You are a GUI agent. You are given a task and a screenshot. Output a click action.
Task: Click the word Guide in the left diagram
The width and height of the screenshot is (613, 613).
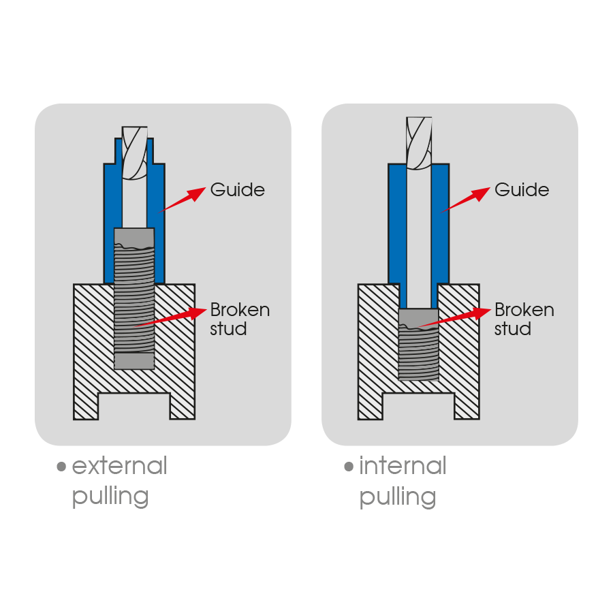click(237, 189)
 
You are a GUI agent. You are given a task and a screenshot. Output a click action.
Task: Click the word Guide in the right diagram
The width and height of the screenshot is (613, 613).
click(522, 189)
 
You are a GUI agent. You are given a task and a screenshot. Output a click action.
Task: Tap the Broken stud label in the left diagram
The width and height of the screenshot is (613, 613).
click(239, 319)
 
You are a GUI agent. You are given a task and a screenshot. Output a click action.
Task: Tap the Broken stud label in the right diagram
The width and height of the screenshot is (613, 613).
click(524, 319)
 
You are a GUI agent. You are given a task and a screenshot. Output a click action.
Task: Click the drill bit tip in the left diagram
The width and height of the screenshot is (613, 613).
click(134, 153)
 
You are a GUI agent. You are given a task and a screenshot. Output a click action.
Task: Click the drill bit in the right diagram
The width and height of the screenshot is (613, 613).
click(418, 143)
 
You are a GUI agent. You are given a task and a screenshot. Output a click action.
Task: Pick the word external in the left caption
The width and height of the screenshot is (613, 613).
click(119, 467)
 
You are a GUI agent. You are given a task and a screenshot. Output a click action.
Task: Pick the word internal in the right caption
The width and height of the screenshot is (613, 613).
click(403, 467)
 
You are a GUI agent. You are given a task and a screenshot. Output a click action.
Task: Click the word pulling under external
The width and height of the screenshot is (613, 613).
click(110, 497)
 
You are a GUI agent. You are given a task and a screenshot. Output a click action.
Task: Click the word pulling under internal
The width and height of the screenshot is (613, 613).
click(398, 497)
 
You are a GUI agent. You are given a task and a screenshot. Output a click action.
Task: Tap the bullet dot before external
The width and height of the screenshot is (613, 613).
click(62, 467)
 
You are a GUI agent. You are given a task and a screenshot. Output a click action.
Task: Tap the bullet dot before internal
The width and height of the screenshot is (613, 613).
click(349, 467)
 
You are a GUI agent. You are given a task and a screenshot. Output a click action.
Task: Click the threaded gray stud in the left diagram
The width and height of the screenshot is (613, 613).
click(134, 300)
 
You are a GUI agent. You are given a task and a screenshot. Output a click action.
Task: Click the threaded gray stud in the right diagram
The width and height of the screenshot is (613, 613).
click(418, 347)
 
